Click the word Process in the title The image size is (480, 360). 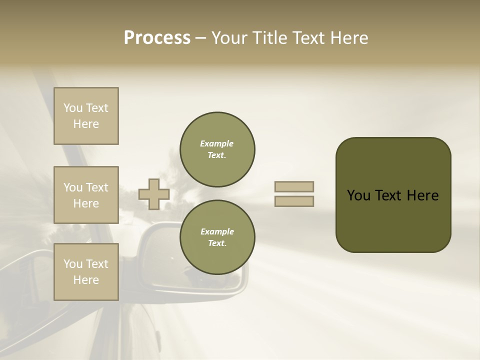(157, 38)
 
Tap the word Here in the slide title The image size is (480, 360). (347, 38)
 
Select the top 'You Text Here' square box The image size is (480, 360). (86, 116)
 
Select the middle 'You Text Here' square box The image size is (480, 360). (86, 195)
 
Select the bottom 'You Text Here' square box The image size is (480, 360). (86, 272)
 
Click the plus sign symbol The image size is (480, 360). (154, 194)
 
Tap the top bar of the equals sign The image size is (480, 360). (294, 186)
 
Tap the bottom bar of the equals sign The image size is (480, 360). (294, 201)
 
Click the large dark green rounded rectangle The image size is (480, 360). (393, 220)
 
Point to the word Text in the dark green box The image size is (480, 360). (388, 195)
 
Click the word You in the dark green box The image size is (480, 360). (358, 195)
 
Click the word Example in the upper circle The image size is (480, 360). (216, 143)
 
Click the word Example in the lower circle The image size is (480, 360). (217, 231)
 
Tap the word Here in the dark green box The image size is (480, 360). (422, 195)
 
